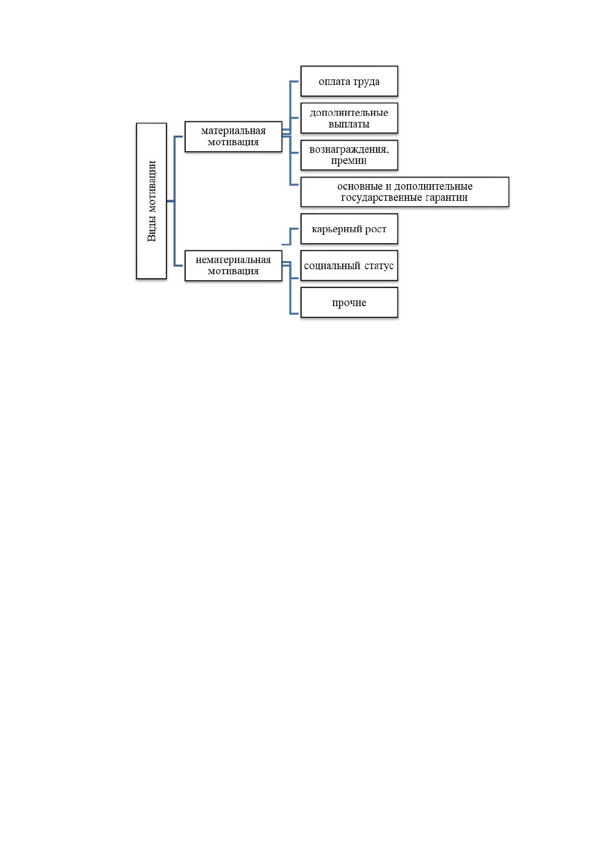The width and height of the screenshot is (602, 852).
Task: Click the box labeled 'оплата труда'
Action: coord(349,81)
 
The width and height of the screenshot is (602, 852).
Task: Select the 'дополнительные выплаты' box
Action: coord(349,118)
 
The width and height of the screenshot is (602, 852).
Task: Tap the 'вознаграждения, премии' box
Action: coord(349,155)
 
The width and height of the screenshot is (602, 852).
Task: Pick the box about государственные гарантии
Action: coord(404,192)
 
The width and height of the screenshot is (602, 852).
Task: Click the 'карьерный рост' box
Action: coord(349,229)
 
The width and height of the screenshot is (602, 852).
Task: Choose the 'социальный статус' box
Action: coord(349,266)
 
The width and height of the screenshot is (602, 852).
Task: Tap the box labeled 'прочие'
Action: coord(349,303)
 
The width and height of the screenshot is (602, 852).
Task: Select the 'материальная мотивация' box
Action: coord(234,137)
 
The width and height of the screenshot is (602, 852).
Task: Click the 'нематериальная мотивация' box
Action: coord(234,266)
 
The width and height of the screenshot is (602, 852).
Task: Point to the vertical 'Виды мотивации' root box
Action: coord(151,201)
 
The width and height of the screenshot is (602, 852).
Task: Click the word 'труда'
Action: coord(366,82)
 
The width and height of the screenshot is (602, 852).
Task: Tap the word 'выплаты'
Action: coord(349,124)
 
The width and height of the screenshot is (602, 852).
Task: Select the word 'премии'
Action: coord(349,161)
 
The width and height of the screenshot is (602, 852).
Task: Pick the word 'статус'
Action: coord(379,266)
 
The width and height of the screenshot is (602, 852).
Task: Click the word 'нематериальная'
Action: coord(233,260)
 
